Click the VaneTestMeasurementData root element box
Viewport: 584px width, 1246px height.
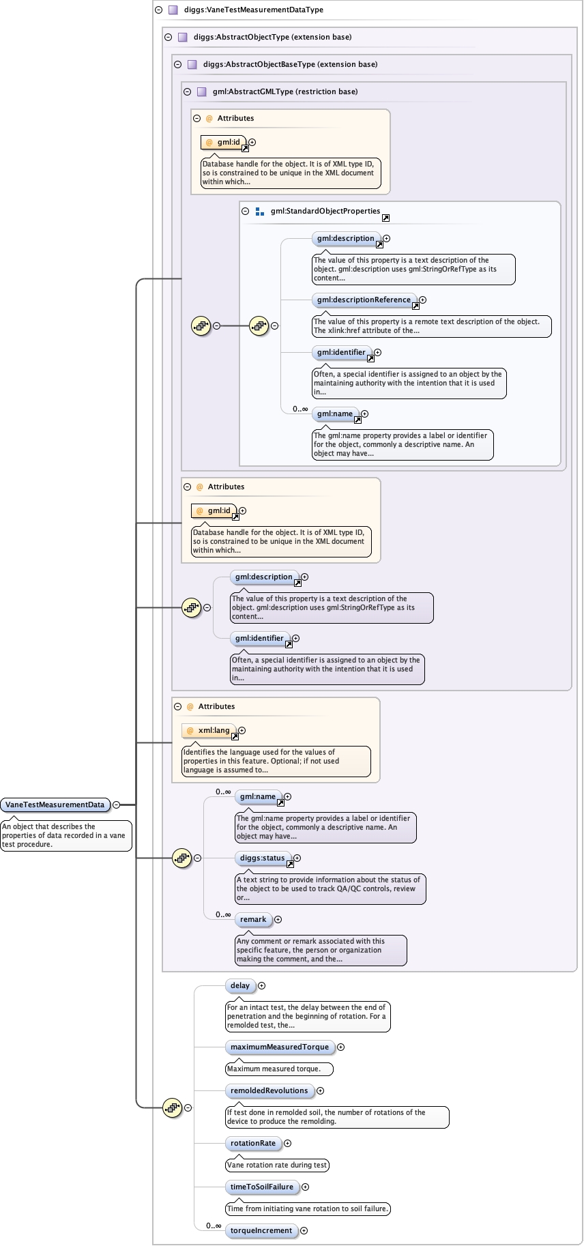55,805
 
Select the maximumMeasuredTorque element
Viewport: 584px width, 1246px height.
279,1047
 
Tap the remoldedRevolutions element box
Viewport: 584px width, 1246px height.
269,1090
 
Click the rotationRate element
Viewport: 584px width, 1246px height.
252,1143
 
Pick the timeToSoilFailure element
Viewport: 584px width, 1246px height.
261,1187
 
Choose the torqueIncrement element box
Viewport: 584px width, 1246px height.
261,1230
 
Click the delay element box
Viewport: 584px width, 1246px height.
239,985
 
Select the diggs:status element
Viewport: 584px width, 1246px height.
262,858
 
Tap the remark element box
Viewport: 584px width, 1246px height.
252,919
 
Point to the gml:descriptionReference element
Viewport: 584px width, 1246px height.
364,300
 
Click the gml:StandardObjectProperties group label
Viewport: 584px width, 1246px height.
325,211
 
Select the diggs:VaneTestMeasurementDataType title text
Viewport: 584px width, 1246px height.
253,10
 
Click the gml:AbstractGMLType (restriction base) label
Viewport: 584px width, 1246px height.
284,91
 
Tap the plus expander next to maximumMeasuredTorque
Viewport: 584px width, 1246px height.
341,1047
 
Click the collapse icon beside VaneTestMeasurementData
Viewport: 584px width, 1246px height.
116,805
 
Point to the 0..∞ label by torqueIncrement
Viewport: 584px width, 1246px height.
214,1226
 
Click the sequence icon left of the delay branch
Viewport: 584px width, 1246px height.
173,1107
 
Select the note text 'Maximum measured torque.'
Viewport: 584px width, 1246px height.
273,1069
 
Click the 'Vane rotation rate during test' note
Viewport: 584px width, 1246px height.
276,1165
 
